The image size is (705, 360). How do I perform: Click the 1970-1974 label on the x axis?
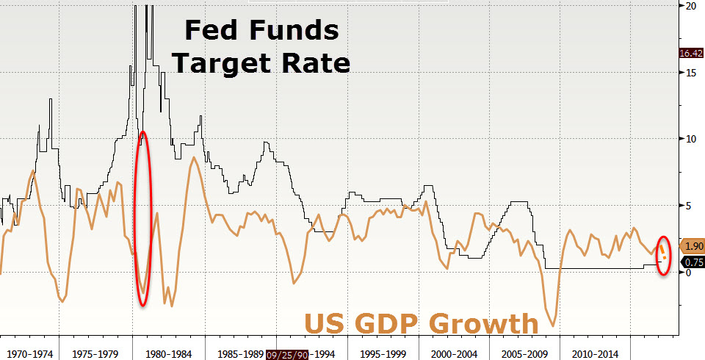click(30, 353)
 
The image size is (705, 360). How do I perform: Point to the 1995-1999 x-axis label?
click(382, 353)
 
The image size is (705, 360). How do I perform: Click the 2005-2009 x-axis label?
click(525, 353)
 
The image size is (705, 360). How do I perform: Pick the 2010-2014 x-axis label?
click(596, 353)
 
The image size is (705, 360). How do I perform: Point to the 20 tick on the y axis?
click(690, 6)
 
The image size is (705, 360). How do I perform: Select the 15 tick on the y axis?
click(690, 72)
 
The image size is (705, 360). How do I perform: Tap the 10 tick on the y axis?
click(690, 139)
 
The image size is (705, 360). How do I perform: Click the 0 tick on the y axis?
click(687, 273)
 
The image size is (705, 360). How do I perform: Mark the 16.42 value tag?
click(693, 53)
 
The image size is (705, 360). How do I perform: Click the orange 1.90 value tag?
click(693, 247)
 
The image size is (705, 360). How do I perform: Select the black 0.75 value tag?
click(693, 262)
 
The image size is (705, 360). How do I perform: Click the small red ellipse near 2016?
click(663, 256)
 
